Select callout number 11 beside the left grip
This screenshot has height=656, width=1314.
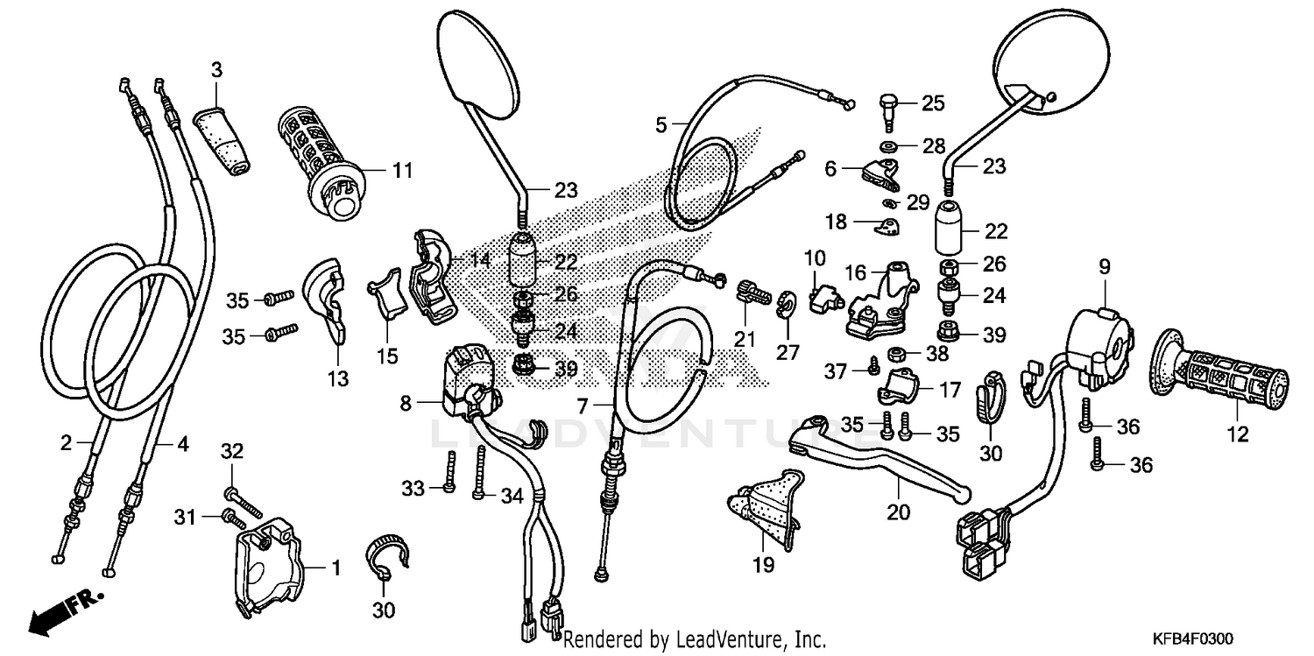click(401, 171)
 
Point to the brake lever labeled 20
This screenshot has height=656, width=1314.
click(876, 460)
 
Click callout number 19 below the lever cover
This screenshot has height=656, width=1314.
click(763, 566)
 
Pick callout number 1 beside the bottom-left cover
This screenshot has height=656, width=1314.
click(334, 568)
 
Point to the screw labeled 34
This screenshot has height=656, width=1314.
click(480, 473)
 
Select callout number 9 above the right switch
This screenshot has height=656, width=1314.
click(1103, 265)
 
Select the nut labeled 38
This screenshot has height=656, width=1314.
click(896, 353)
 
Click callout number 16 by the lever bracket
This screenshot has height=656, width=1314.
click(856, 272)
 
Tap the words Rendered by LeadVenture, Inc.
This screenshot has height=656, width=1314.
click(694, 640)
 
